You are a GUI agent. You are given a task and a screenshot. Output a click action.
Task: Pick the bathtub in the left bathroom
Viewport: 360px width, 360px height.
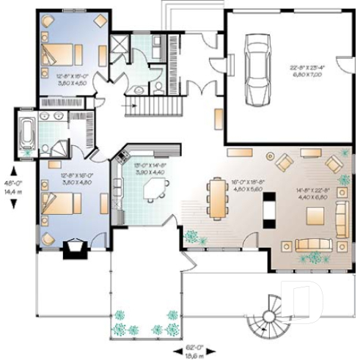(27, 133)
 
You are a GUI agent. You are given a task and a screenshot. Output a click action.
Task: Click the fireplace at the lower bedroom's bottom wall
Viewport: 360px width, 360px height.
(75, 251)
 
